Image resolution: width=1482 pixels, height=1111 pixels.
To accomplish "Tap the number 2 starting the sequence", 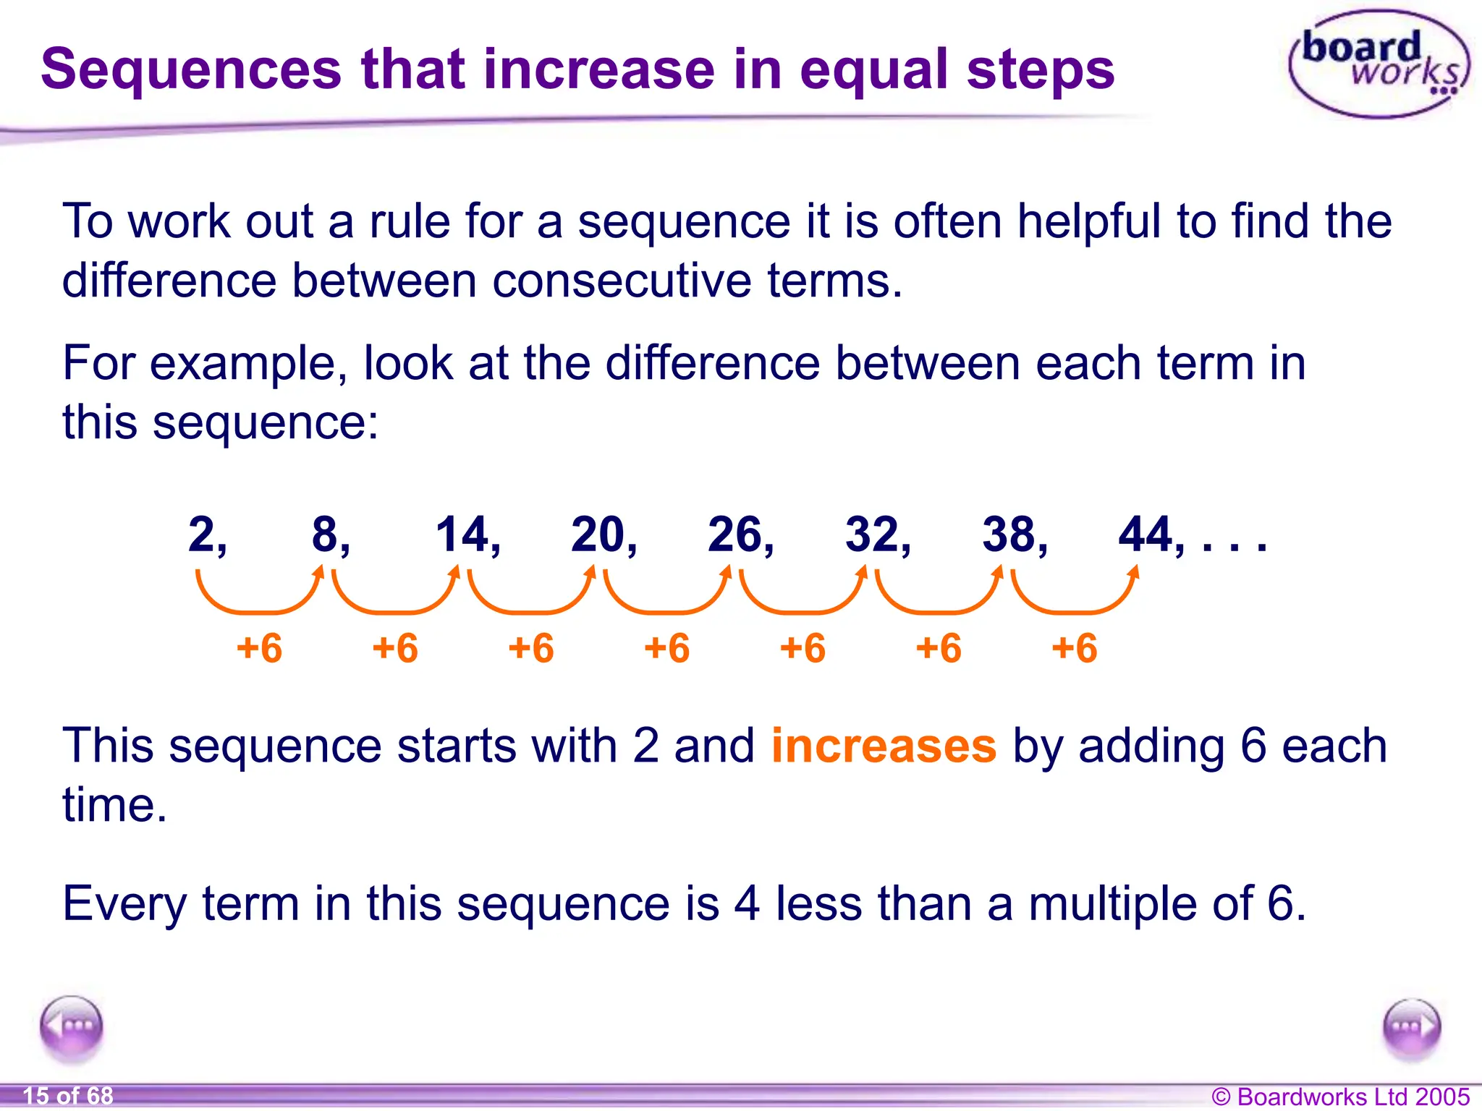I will tap(202, 535).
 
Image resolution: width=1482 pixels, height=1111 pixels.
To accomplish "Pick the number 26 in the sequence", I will tap(734, 535).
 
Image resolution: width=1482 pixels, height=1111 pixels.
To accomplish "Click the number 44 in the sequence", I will tap(1146, 535).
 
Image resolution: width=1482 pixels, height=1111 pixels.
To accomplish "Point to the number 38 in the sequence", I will tap(1009, 535).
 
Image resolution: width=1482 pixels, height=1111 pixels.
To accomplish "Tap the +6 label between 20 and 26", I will tap(666, 647).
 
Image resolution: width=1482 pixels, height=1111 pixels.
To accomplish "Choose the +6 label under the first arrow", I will tap(259, 647).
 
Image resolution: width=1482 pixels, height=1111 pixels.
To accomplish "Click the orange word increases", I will tap(884, 746).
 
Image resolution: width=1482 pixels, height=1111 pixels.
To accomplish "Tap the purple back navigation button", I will tap(72, 1027).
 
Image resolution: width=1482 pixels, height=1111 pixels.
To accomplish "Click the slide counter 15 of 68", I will tap(68, 1096).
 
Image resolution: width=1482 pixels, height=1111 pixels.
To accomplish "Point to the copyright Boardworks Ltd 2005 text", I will tap(1340, 1097).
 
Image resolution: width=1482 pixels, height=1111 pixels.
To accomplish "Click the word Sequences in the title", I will tap(190, 69).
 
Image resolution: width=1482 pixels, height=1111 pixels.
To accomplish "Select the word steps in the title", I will tap(1041, 69).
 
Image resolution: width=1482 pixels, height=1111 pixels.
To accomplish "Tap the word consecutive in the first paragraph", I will tap(622, 280).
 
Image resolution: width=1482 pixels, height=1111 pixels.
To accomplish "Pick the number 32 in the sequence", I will tap(872, 535).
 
